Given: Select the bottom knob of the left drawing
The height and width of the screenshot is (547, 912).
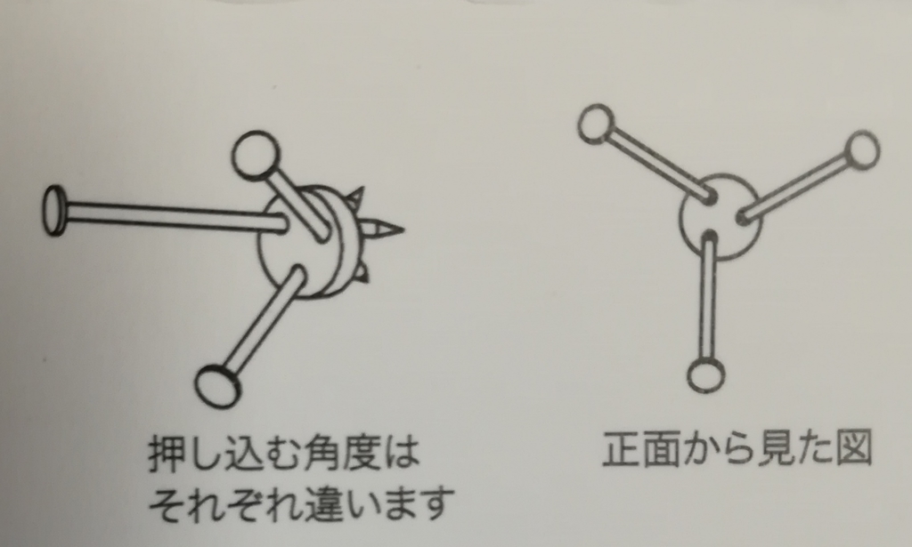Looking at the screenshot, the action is click(217, 385).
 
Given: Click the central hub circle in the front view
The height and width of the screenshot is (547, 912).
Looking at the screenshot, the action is click(720, 216).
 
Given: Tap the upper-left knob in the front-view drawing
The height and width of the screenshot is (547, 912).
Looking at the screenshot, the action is click(596, 123).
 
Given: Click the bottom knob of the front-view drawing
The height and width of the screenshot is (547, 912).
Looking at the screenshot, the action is click(706, 374).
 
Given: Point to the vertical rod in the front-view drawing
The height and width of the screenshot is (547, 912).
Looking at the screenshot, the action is click(709, 295).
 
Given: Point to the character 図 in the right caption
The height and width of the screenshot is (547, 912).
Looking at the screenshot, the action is click(854, 448).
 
